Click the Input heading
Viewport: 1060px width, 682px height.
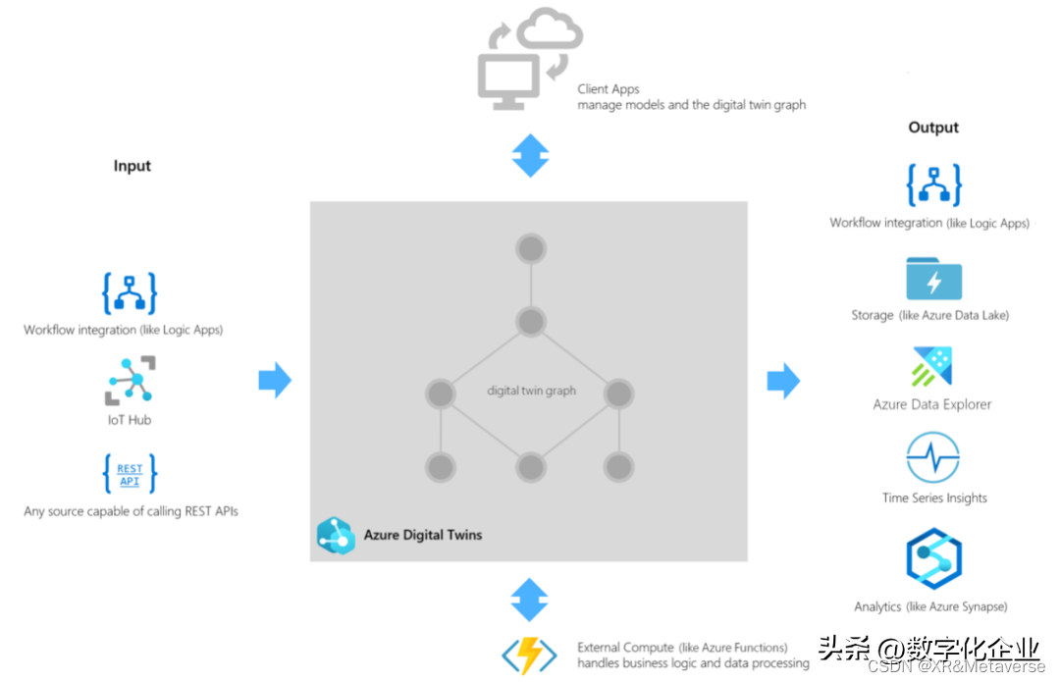[x=132, y=166]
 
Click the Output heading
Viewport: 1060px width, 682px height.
[x=933, y=128]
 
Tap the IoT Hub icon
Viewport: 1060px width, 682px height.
[x=131, y=381]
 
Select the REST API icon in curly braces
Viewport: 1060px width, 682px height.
[x=130, y=474]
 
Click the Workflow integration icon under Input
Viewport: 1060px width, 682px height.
[x=130, y=292]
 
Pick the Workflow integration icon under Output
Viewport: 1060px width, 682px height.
[x=933, y=184]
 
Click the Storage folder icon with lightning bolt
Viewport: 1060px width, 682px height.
[x=933, y=279]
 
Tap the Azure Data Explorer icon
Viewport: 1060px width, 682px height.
[x=932, y=367]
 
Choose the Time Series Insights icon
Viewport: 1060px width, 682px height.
[x=932, y=458]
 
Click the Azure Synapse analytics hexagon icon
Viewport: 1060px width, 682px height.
[x=933, y=558]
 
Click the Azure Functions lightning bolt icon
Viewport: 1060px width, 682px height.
[x=529, y=656]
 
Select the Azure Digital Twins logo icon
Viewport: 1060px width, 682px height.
[x=336, y=535]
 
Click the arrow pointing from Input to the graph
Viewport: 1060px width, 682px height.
[x=275, y=381]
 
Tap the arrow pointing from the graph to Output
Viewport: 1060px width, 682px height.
[x=783, y=381]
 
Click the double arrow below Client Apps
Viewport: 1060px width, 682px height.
[x=530, y=156]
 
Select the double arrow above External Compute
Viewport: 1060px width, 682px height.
[x=530, y=599]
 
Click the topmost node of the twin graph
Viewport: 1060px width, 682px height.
[x=530, y=248]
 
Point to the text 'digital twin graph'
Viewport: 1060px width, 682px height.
[x=531, y=391]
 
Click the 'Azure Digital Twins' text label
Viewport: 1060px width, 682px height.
[x=423, y=535]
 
